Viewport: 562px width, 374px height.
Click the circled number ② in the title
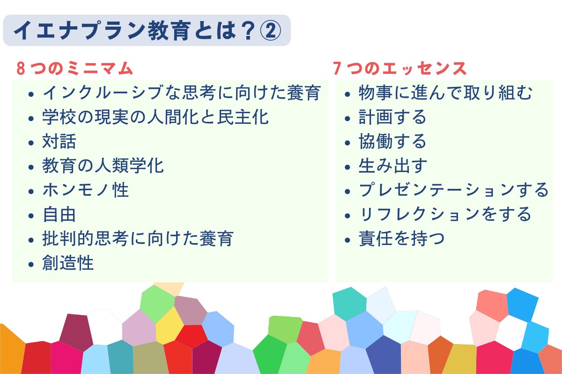click(x=270, y=31)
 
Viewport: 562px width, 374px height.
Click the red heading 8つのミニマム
click(x=74, y=68)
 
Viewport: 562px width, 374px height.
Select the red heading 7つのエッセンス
click(x=399, y=68)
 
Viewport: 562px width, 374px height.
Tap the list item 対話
click(x=59, y=141)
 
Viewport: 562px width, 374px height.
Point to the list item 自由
click(x=59, y=215)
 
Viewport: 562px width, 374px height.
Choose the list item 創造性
click(x=68, y=263)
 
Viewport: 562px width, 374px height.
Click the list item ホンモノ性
click(x=85, y=190)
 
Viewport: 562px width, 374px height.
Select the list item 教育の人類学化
click(x=103, y=165)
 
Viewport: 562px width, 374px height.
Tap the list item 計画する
click(x=392, y=117)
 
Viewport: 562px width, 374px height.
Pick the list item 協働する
click(x=392, y=141)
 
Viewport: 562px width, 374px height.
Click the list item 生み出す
click(x=392, y=165)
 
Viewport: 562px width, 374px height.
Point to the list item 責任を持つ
click(x=401, y=239)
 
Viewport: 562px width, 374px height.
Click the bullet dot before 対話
click(x=31, y=143)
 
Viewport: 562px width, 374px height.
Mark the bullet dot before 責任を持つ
click(x=348, y=240)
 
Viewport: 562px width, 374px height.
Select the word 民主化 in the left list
click(x=243, y=117)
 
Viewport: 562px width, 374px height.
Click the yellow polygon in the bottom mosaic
click(x=170, y=326)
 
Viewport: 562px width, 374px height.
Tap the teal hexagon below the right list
click(x=349, y=303)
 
